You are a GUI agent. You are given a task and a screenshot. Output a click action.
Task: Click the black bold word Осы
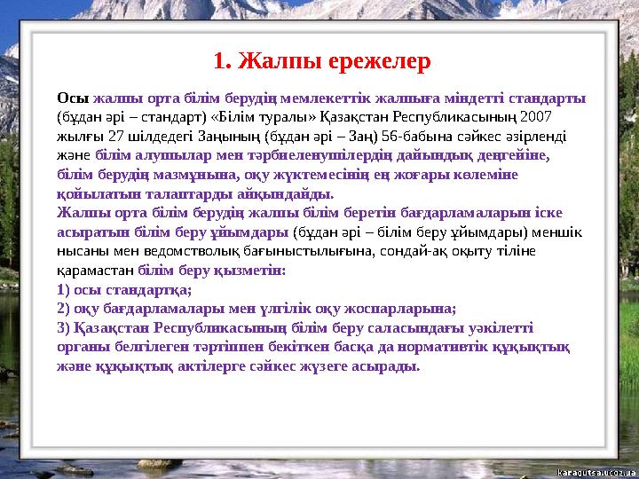(x=72, y=98)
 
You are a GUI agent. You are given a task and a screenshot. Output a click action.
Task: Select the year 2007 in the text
(x=538, y=117)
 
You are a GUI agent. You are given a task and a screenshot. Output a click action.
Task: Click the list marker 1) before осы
(x=65, y=290)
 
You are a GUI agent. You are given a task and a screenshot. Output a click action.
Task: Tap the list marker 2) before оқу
(x=65, y=309)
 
